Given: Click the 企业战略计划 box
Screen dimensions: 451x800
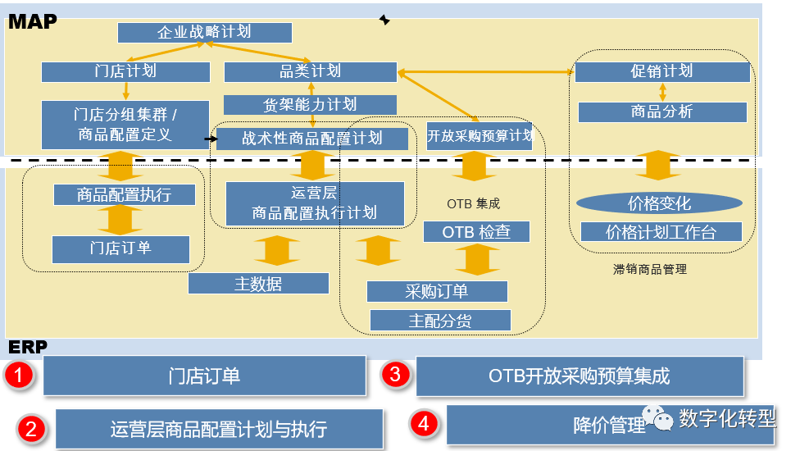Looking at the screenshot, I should point(205,33).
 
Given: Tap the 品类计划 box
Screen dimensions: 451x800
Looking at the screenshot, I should point(311,71).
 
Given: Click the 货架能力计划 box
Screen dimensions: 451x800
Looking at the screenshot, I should point(310,105).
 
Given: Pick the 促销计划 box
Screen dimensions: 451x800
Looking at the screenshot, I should point(661,71).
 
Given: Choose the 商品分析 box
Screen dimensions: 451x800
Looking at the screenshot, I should point(661,112).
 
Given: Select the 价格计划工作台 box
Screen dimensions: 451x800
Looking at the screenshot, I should point(661,232).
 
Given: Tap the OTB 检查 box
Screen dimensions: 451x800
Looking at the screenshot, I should point(476,232).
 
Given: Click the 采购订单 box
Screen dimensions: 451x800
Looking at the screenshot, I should point(437,291).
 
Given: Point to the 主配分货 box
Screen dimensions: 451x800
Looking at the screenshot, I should point(440,320).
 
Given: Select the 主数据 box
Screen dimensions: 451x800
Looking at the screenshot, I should point(258,284).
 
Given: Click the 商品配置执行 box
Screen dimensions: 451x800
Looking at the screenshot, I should point(125,195).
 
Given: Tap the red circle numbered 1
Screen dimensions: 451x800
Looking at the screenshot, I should point(18,376).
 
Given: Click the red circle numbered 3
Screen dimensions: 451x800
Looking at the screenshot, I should point(395,376).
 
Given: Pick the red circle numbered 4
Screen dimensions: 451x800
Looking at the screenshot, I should point(424,423).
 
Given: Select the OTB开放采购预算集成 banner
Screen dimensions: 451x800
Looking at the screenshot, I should point(580,376).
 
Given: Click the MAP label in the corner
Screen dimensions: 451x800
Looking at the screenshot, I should point(33,21).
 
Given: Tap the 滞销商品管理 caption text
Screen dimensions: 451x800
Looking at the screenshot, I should point(649,268).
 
